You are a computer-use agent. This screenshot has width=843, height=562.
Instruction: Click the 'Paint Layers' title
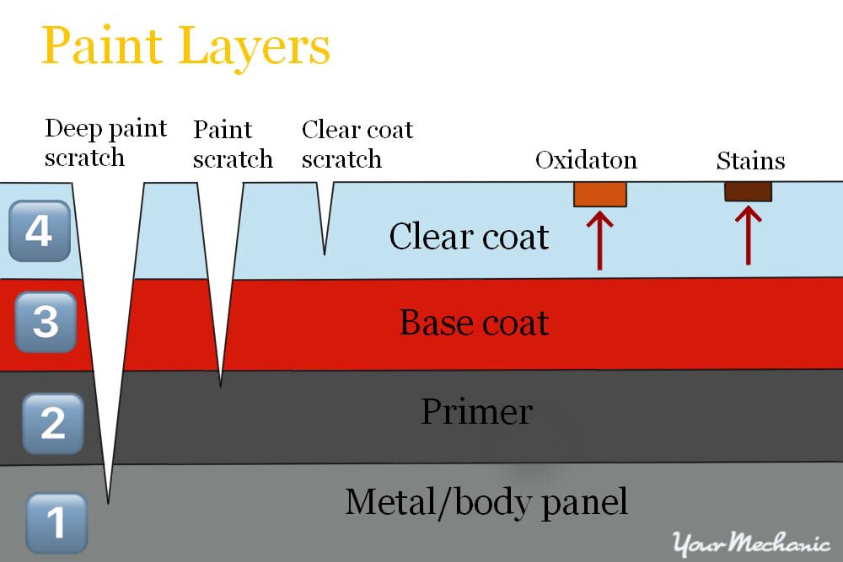(185, 47)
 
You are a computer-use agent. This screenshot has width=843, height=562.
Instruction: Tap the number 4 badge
(38, 229)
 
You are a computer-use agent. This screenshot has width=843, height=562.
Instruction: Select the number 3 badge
(46, 322)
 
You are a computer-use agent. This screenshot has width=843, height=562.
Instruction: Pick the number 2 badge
(52, 422)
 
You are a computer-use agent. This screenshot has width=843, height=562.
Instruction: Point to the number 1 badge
(56, 522)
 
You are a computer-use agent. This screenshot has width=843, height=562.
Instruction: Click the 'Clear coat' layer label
(469, 237)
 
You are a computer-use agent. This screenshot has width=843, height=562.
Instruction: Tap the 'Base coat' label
(474, 323)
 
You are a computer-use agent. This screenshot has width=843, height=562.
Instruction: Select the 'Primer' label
(476, 412)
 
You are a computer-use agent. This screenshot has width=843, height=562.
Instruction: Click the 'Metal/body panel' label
(486, 502)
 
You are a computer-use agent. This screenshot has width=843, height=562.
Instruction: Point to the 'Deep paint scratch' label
(105, 143)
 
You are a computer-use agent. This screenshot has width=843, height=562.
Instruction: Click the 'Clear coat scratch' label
(357, 144)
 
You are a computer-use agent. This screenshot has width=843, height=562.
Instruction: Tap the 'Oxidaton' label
(586, 160)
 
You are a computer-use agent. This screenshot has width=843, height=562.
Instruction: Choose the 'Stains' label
(750, 160)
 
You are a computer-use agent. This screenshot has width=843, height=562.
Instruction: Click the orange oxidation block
(600, 194)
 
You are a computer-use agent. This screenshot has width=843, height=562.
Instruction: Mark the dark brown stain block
(748, 191)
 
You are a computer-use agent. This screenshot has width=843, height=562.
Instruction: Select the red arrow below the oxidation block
(599, 240)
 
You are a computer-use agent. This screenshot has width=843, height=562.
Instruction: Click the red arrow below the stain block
(748, 236)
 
